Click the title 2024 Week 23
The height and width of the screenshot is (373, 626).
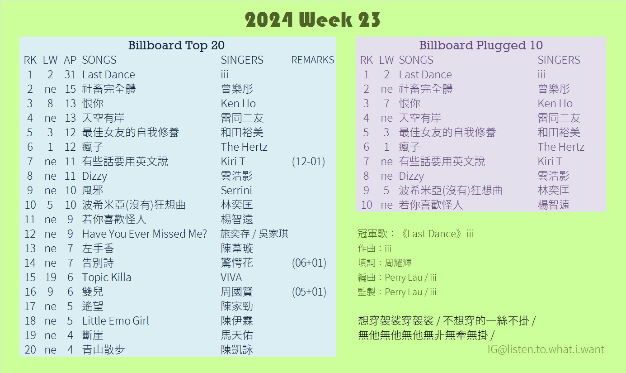pyautogui.click(x=312, y=20)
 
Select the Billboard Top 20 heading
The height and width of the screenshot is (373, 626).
pyautogui.click(x=176, y=45)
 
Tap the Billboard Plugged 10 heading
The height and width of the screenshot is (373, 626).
pyautogui.click(x=481, y=45)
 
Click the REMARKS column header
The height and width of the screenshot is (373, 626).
pyautogui.click(x=313, y=60)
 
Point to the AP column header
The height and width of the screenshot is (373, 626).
pyautogui.click(x=70, y=60)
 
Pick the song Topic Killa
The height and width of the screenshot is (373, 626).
pyautogui.click(x=107, y=277)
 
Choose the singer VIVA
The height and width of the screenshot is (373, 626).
pyautogui.click(x=231, y=277)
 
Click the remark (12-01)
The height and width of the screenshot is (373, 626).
pyautogui.click(x=309, y=162)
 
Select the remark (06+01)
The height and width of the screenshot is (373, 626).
pyautogui.click(x=309, y=263)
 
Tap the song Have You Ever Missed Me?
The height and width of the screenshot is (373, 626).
pyautogui.click(x=145, y=234)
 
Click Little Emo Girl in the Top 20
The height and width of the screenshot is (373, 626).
pyautogui.click(x=115, y=320)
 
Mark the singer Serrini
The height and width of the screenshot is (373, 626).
pyautogui.click(x=236, y=190)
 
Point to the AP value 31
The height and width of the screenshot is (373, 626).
pyautogui.click(x=70, y=74)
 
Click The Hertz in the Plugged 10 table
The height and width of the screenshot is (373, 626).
pyautogui.click(x=561, y=147)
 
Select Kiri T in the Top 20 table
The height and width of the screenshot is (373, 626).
pyautogui.click(x=233, y=162)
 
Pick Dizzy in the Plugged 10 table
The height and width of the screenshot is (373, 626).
pyautogui.click(x=411, y=176)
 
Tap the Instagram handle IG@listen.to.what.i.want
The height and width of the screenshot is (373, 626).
pyautogui.click(x=546, y=349)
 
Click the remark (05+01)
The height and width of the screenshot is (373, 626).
pyautogui.click(x=309, y=292)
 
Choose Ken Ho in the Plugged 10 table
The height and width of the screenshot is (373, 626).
pyautogui.click(x=555, y=104)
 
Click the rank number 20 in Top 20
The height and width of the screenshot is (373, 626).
pyautogui.click(x=30, y=350)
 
